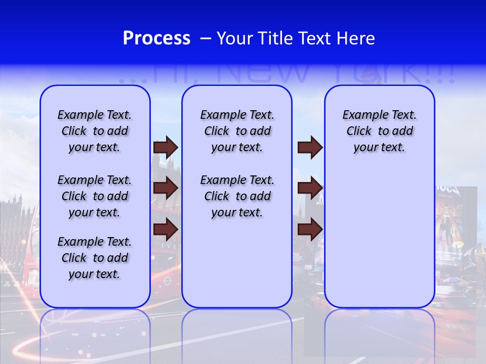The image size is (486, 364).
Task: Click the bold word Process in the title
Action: (156, 38)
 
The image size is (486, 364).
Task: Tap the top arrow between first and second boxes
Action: (166, 147)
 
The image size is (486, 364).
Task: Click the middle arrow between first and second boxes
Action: (166, 188)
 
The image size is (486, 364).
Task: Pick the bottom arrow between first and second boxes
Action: (166, 229)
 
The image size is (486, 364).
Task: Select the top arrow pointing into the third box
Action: (310, 147)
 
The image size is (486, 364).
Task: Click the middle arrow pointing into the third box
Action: (310, 188)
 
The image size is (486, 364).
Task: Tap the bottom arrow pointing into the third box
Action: (310, 229)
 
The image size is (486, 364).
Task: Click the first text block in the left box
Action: (95, 131)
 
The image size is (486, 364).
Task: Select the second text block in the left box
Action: (95, 196)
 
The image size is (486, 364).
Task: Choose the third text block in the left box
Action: (95, 258)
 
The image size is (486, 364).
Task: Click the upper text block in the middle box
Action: (237, 131)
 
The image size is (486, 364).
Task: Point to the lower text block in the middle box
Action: (237, 196)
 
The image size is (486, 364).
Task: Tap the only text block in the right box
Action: (379, 131)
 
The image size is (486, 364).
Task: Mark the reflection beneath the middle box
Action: (237, 334)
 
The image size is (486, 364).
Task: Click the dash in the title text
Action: (205, 38)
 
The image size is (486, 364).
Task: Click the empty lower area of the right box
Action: (379, 243)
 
